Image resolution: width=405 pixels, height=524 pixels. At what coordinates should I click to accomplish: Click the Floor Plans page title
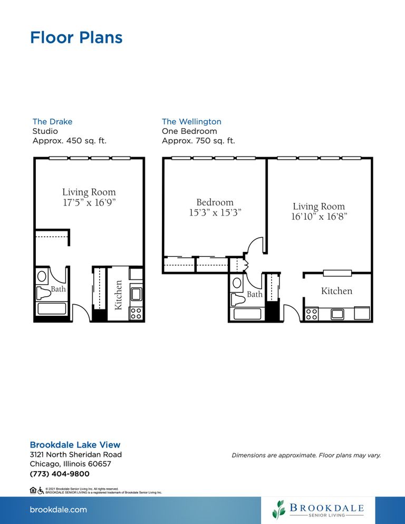(x=76, y=37)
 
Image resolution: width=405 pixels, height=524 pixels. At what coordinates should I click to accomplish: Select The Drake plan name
(x=52, y=121)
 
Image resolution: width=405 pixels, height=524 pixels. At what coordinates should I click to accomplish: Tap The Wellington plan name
(x=191, y=121)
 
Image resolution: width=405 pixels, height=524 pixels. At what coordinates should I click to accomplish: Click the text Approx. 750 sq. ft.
(x=198, y=141)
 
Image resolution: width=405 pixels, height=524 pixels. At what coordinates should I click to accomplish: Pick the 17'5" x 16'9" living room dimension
(x=89, y=202)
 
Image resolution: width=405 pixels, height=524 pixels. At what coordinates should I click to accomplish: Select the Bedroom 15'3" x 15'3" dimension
(x=215, y=212)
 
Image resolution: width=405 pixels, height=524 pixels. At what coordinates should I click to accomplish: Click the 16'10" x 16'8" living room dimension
(x=319, y=217)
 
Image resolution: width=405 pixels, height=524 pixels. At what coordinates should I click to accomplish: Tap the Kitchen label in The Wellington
(x=336, y=291)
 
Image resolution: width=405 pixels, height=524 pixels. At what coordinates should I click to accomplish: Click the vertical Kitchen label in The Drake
(x=119, y=295)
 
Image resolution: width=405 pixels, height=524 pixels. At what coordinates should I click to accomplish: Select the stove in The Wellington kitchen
(x=312, y=314)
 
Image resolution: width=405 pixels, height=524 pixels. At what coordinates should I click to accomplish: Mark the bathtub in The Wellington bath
(x=248, y=314)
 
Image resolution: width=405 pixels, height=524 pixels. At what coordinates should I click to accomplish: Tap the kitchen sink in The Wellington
(x=337, y=314)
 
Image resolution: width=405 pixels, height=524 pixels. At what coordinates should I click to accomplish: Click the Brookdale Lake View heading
(x=75, y=444)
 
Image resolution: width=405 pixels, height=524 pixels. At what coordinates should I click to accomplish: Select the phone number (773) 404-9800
(x=60, y=474)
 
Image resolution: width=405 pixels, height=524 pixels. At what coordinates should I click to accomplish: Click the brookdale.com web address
(x=58, y=510)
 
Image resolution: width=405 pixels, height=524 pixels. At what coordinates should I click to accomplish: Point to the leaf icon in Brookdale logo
(x=278, y=509)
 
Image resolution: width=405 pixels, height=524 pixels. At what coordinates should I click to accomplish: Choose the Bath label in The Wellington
(x=255, y=295)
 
